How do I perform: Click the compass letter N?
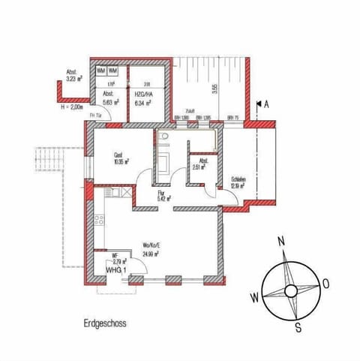click(x=280, y=241)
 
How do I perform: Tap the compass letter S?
click(x=298, y=326)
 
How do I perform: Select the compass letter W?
click(x=254, y=297)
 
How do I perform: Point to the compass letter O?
click(x=326, y=284)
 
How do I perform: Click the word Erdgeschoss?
click(x=104, y=324)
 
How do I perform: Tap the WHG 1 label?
click(x=114, y=269)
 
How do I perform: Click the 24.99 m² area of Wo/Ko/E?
click(x=152, y=252)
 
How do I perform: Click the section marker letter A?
click(x=266, y=105)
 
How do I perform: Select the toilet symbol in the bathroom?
click(x=163, y=137)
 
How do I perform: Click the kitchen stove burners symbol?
click(x=97, y=220)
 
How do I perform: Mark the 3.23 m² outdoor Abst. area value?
click(x=73, y=78)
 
